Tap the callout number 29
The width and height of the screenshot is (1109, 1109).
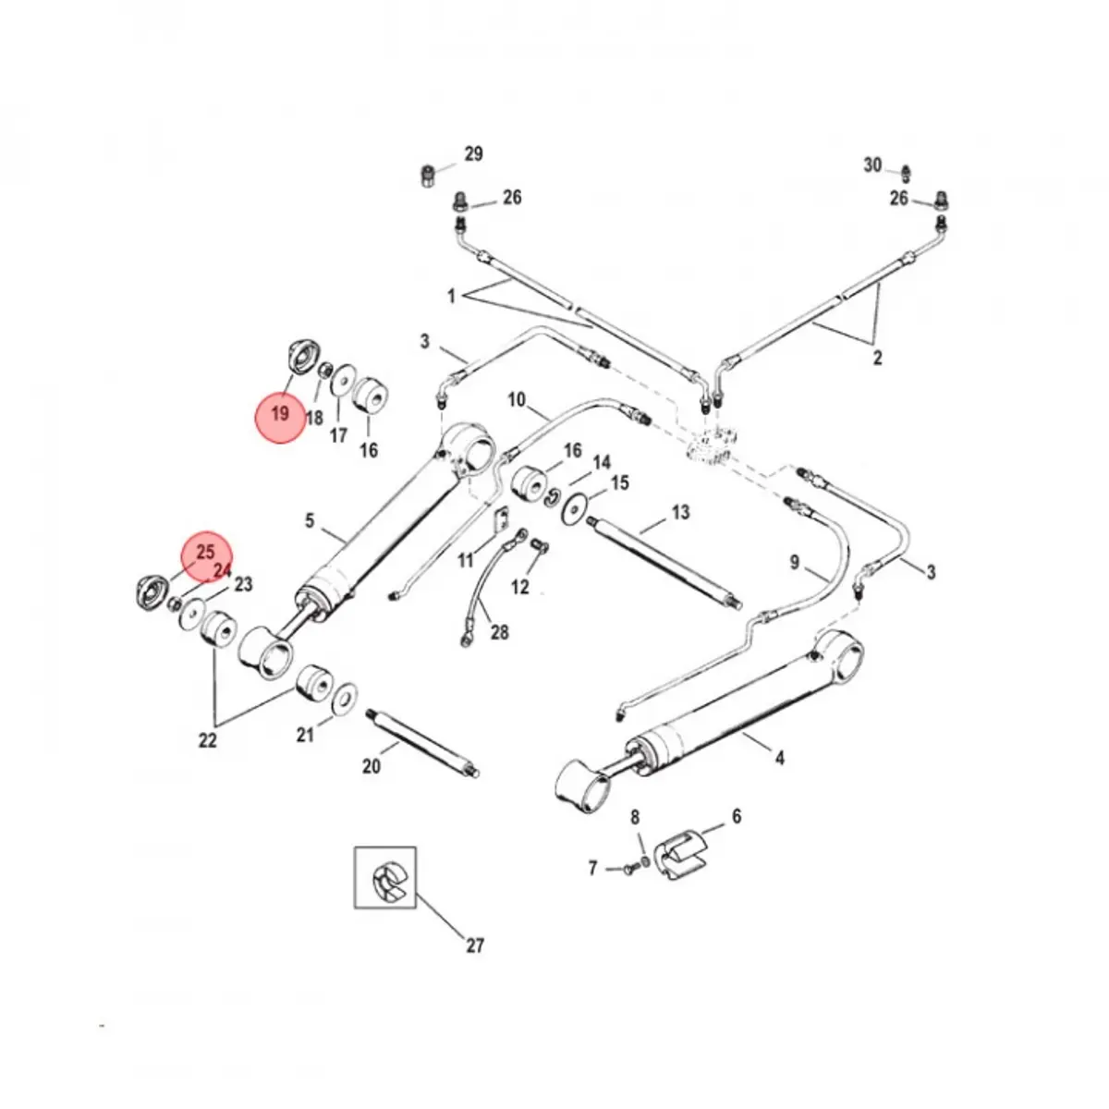(473, 154)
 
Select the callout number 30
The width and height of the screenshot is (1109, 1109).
(872, 165)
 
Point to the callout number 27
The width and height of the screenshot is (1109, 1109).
(474, 945)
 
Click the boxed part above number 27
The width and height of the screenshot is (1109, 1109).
(386, 877)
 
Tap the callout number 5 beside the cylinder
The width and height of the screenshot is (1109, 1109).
(310, 521)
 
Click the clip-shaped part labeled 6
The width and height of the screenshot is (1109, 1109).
(683, 857)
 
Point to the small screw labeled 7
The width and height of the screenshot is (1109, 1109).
(628, 868)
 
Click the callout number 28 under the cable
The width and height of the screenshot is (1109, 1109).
(499, 632)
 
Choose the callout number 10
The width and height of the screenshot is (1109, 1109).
(516, 400)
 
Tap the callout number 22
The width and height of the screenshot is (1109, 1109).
(207, 739)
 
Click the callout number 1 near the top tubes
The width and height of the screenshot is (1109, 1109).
(452, 296)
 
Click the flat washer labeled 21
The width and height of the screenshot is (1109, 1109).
(347, 695)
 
